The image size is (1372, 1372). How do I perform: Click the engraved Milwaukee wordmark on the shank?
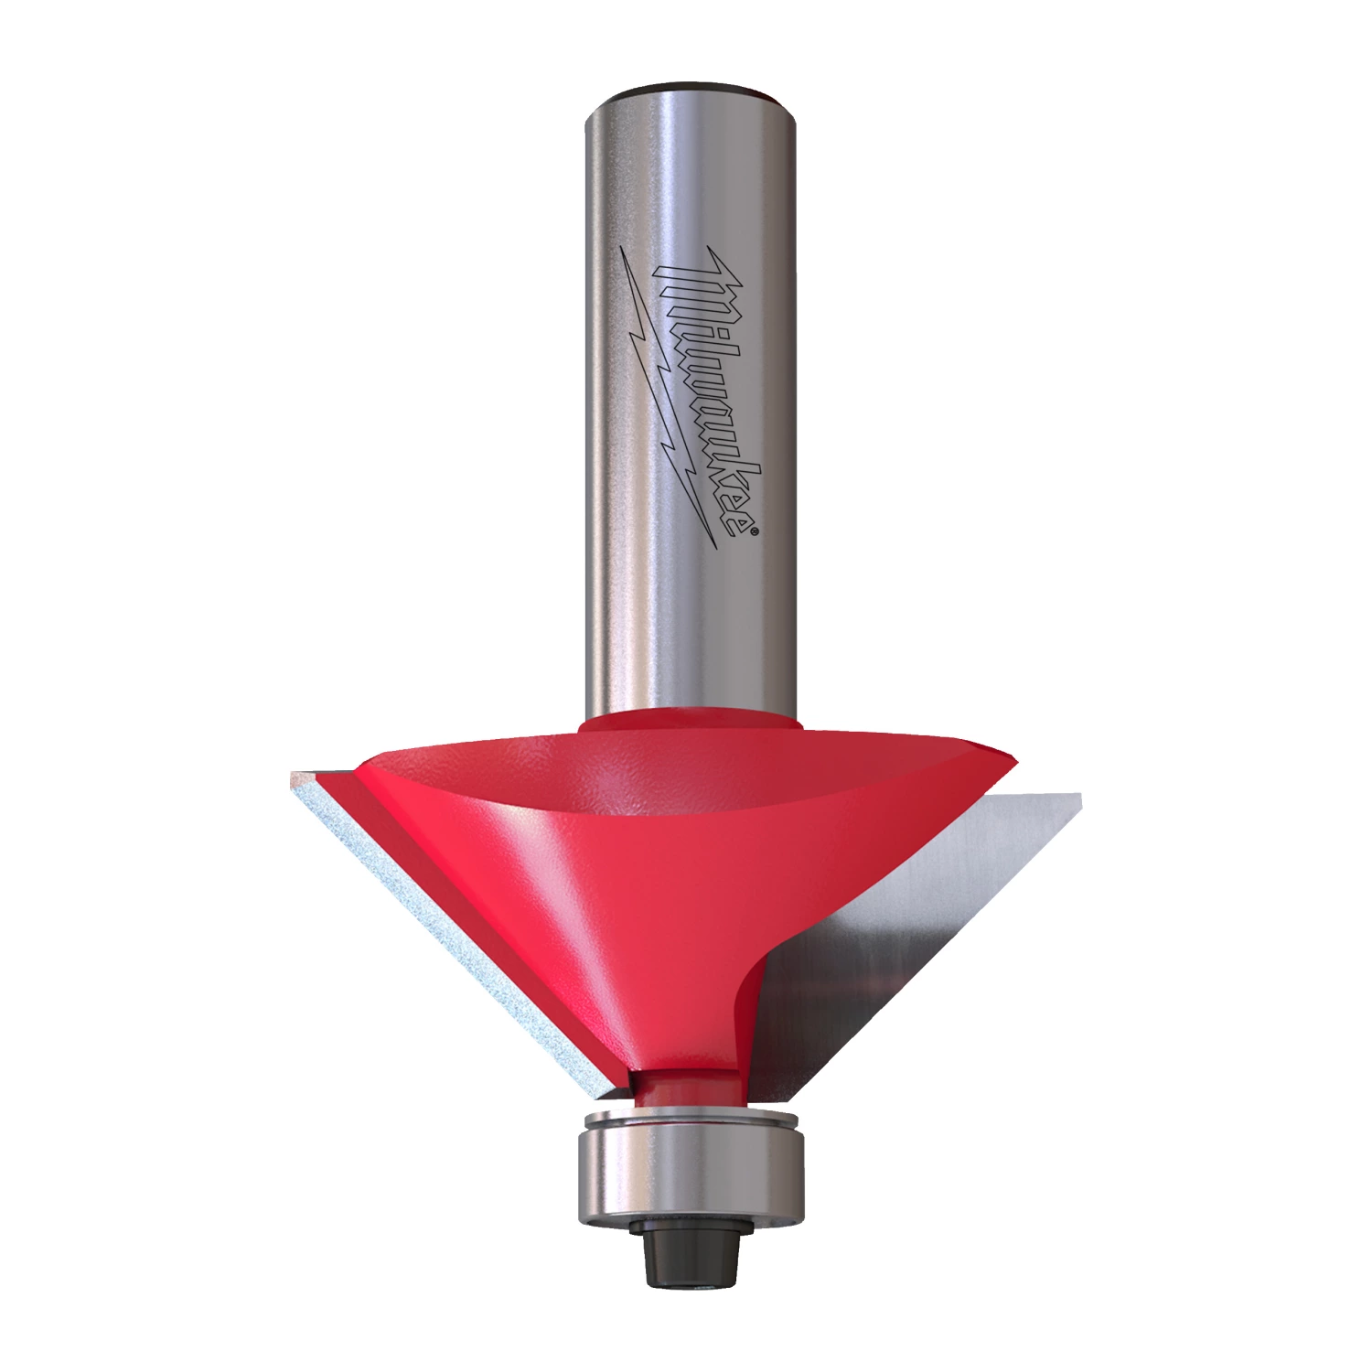pyautogui.click(x=709, y=393)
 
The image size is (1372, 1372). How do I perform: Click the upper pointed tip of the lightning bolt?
pyautogui.click(x=623, y=248)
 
